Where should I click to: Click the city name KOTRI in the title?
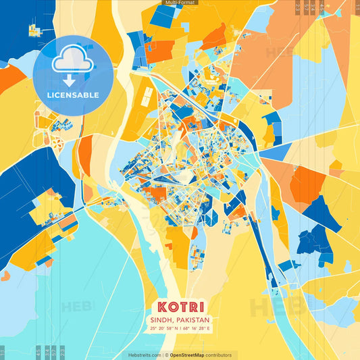pyautogui.click(x=179, y=305)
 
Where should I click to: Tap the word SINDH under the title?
pyautogui.click(x=163, y=319)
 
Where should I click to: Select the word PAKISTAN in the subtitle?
pyautogui.click(x=192, y=319)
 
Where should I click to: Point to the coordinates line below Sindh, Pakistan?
pyautogui.click(x=179, y=329)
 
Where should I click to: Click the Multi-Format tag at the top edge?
pyautogui.click(x=180, y=3)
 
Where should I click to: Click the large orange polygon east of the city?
pyautogui.click(x=307, y=184)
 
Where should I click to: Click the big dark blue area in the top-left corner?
pyautogui.click(x=17, y=27)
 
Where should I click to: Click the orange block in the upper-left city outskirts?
pyautogui.click(x=160, y=50)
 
